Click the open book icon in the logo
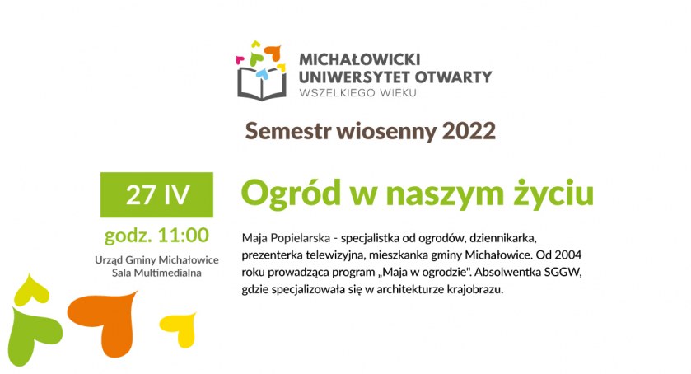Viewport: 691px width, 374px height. pos(262,84)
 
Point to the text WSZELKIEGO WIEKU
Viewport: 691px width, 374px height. pos(357,93)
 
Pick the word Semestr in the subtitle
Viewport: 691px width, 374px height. pos(288,131)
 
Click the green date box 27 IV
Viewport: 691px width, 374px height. pos(156,194)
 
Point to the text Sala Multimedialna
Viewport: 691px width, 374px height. pos(156,273)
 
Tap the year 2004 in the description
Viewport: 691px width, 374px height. pos(567,255)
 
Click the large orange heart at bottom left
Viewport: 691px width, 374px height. pos(105,320)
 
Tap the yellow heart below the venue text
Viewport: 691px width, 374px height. pos(180,329)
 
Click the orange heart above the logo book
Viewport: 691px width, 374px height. pos(273,53)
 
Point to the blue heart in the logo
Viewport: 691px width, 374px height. pos(263,74)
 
